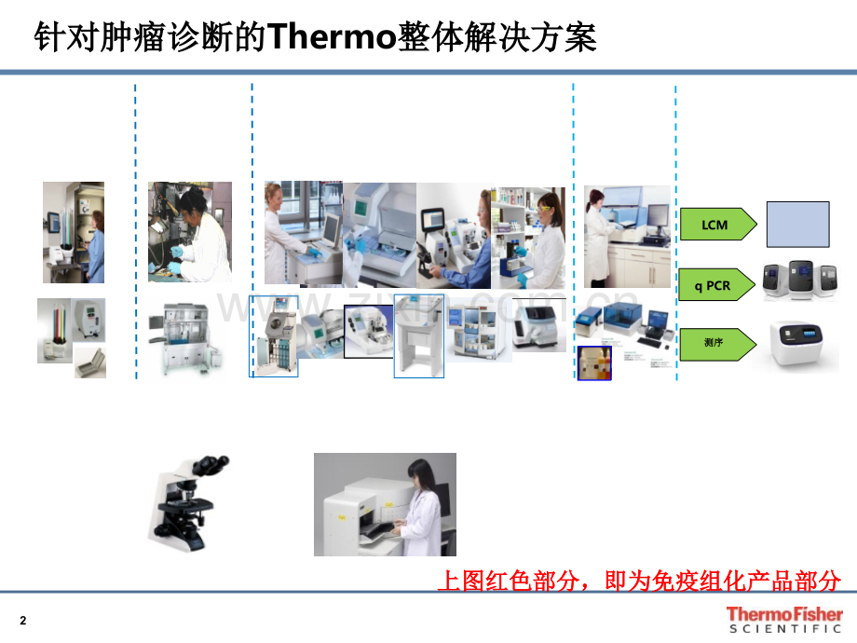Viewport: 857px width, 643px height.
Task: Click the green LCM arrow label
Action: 716,225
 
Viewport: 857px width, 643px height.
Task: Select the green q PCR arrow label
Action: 716,286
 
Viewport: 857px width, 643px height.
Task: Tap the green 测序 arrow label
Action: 716,343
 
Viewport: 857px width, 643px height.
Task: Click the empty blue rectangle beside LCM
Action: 797,225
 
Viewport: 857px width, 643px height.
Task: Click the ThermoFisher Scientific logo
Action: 783,620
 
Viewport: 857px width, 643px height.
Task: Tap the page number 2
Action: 23,622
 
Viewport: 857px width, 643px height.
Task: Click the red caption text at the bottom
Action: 639,581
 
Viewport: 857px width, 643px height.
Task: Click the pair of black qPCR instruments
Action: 800,280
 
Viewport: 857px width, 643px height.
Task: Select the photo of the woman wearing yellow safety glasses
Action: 528,238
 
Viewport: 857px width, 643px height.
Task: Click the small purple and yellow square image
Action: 594,363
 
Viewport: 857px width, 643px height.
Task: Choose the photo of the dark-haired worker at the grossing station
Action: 190,232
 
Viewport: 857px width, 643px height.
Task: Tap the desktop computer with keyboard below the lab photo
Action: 646,326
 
